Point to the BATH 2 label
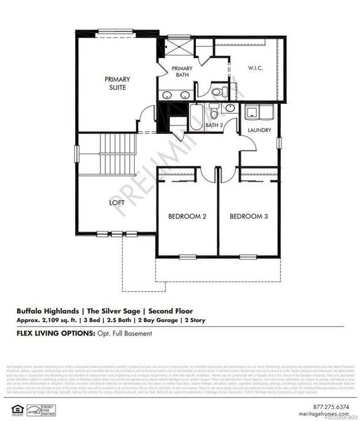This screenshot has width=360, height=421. click(214, 126)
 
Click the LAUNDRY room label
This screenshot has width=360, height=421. click(260, 131)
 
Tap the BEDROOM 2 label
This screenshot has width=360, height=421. click(187, 216)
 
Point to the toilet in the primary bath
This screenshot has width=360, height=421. click(218, 91)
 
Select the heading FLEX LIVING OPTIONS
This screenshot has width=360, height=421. click(55, 334)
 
